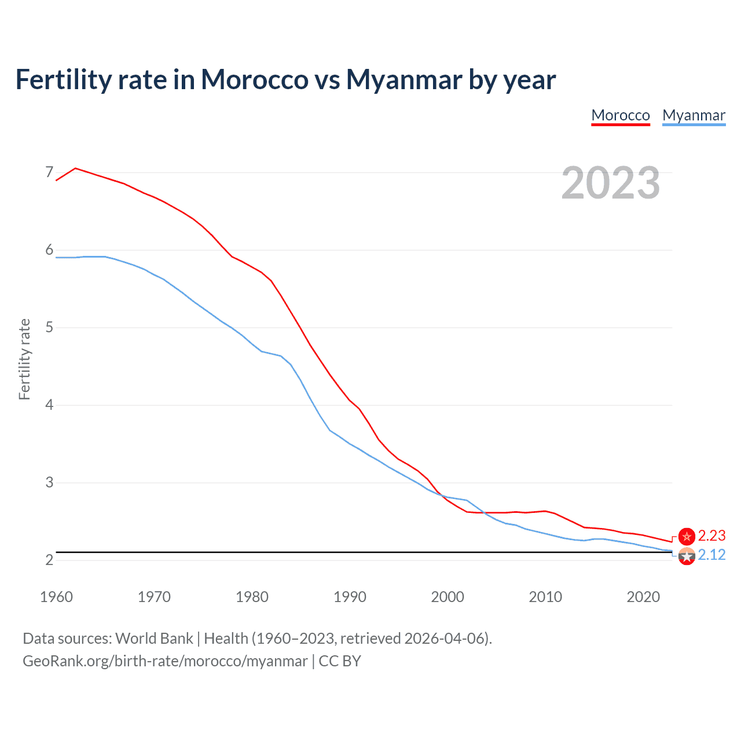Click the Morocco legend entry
pos(621,115)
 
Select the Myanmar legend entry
pos(694,115)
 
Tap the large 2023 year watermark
pos(611,183)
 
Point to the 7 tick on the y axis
pos(49,173)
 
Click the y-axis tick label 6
pos(49,250)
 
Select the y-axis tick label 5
pos(49,328)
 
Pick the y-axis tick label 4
pos(49,405)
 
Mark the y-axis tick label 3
pos(49,482)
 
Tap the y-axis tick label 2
pos(49,560)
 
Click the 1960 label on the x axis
pos(56,597)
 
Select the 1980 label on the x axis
pos(252,597)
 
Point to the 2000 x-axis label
pos(447,597)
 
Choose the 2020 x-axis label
pos(643,597)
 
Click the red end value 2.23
pos(711,536)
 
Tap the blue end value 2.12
pos(711,555)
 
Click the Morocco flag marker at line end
pos(687,537)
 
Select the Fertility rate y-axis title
pos(24,359)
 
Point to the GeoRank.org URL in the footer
pos(165,661)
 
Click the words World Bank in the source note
pos(154,639)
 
